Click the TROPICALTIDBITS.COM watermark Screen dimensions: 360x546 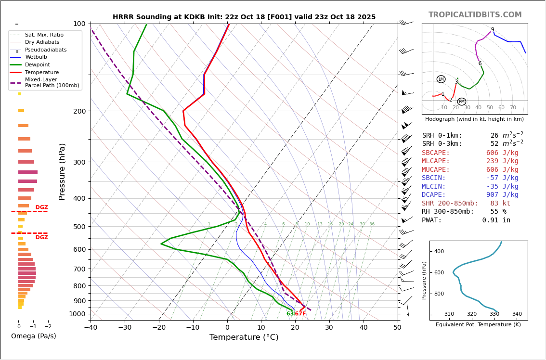[x=475, y=15]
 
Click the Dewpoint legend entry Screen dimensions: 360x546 [x=37, y=64]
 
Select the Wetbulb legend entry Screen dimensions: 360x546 [x=36, y=57]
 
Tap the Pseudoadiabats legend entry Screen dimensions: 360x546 [x=46, y=50]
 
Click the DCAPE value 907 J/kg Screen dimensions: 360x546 [x=502, y=195]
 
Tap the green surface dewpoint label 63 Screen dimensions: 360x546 [x=290, y=314]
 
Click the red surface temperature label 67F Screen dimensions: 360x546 [x=300, y=314]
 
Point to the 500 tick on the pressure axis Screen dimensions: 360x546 [x=79, y=227]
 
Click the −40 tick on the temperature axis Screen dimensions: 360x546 [x=91, y=328]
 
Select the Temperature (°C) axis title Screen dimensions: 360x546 [x=244, y=337]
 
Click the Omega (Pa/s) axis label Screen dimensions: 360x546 [x=33, y=336]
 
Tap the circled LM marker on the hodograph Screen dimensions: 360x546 [x=441, y=79]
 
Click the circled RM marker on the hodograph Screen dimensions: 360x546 [x=462, y=102]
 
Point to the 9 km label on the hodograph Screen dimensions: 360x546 [x=493, y=30]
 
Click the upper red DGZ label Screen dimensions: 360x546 [x=42, y=207]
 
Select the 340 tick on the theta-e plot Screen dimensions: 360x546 [x=517, y=314]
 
